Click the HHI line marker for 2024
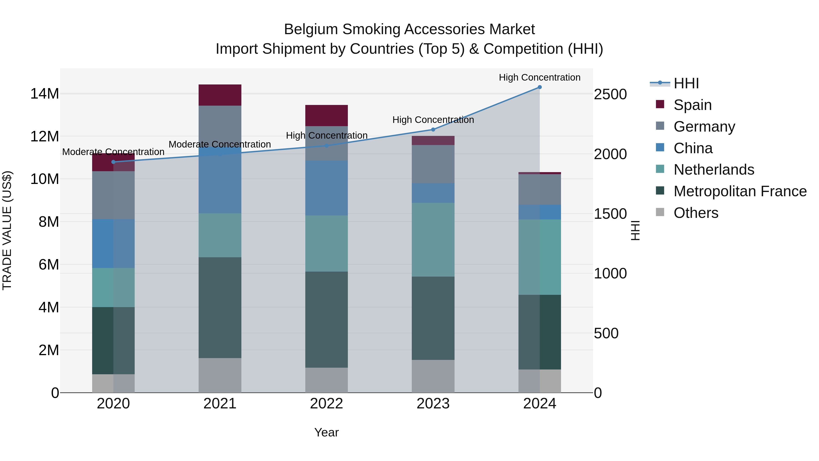click(x=540, y=87)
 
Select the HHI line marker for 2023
click(x=433, y=130)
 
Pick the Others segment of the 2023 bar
click(x=433, y=376)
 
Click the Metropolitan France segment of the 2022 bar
click(x=326, y=319)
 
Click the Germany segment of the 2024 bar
click(x=540, y=189)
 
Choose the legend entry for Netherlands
click(x=713, y=170)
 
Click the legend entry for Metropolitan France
click(x=740, y=191)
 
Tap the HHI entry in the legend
click(x=686, y=83)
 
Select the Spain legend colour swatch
click(x=660, y=104)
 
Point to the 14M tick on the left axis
click(x=45, y=94)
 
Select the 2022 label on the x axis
click(x=326, y=404)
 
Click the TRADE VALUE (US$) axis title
click(x=7, y=230)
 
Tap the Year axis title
click(x=326, y=432)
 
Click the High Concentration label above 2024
click(x=540, y=77)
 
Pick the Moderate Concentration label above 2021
click(x=220, y=144)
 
